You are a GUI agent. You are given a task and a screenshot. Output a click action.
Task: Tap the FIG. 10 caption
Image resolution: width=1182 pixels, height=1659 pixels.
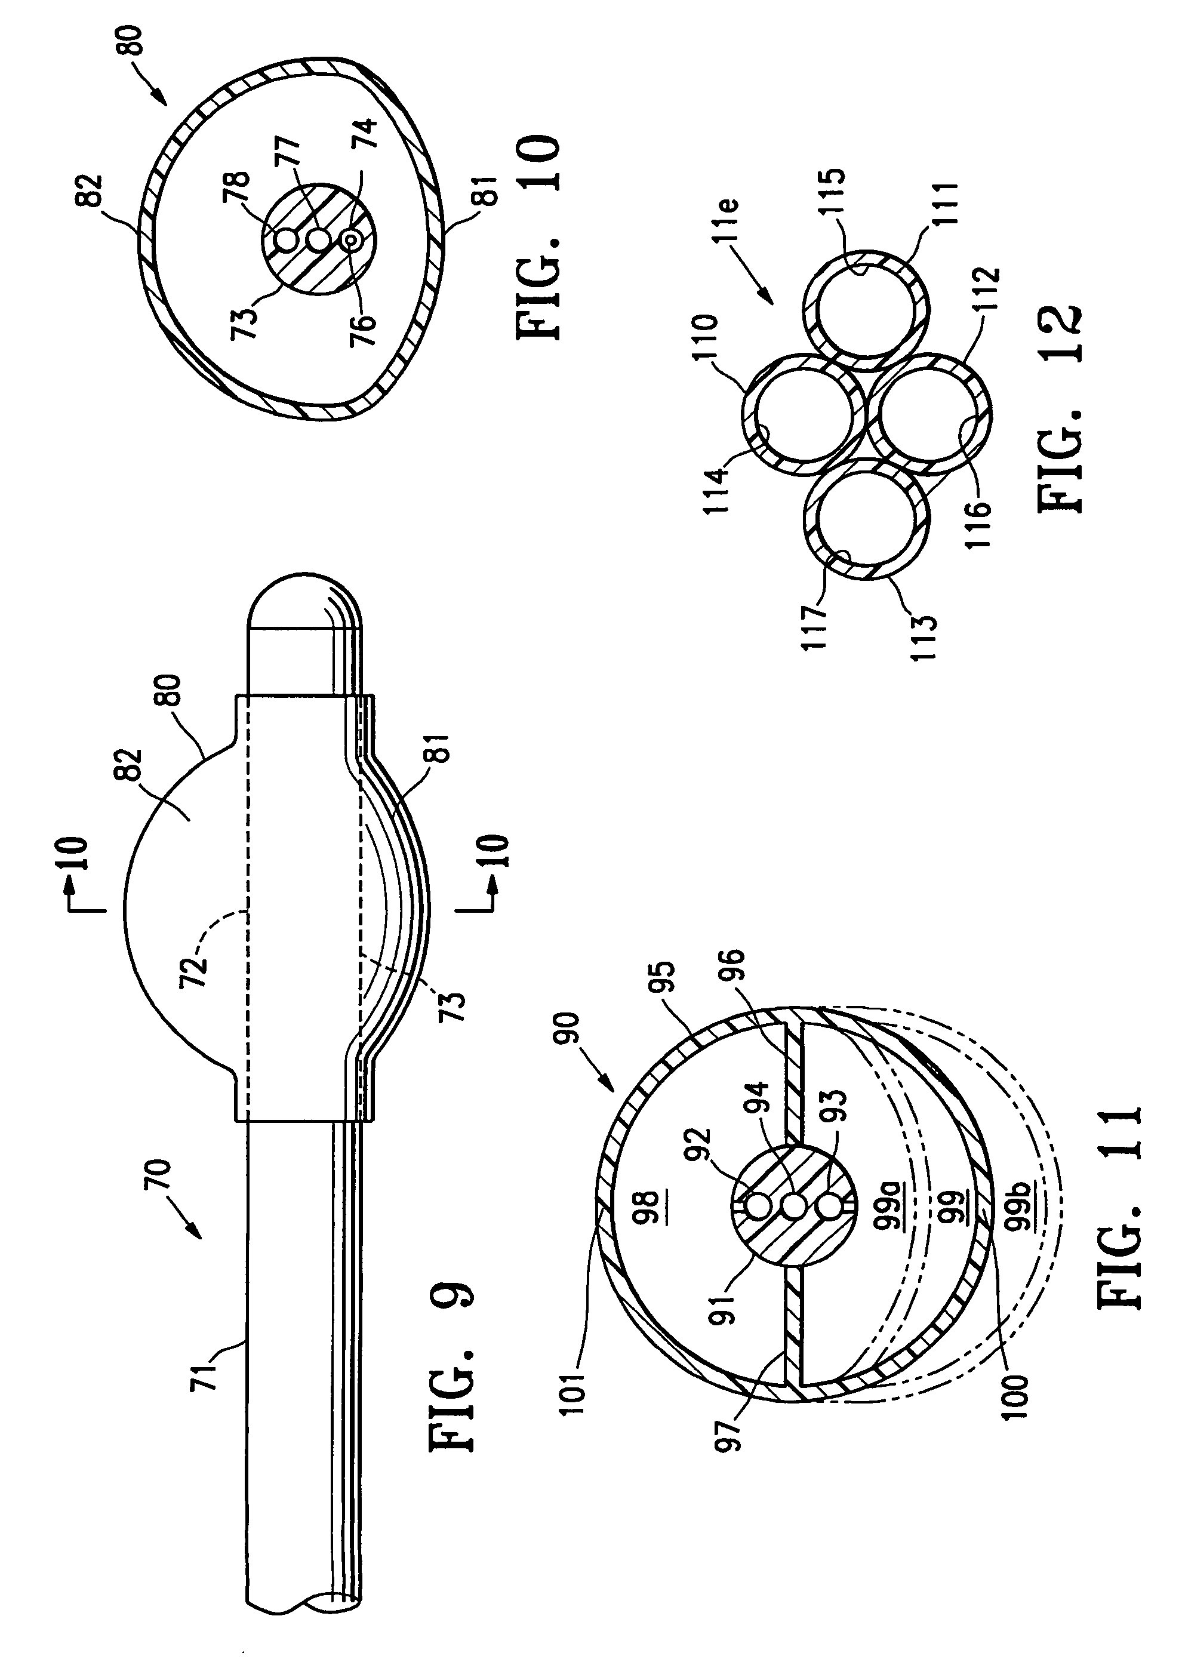[x=538, y=236]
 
